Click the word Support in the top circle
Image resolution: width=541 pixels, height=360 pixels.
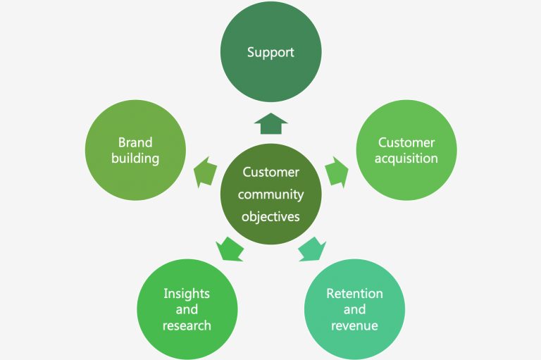pyautogui.click(x=270, y=53)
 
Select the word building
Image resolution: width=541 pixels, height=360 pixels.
pyautogui.click(x=135, y=158)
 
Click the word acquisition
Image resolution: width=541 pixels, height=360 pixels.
pyautogui.click(x=406, y=158)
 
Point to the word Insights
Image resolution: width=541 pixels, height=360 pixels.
pyautogui.click(x=187, y=293)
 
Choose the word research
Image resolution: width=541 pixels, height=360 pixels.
pyautogui.click(x=187, y=325)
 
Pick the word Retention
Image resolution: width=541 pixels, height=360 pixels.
pyautogui.click(x=354, y=293)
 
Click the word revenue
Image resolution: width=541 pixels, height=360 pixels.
pyautogui.click(x=354, y=325)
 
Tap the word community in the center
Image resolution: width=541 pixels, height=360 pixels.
pyautogui.click(x=270, y=194)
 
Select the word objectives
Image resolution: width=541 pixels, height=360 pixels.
pyautogui.click(x=270, y=216)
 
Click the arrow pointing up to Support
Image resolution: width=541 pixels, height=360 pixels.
pyautogui.click(x=270, y=125)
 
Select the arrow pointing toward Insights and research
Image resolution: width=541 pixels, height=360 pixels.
pyautogui.click(x=230, y=249)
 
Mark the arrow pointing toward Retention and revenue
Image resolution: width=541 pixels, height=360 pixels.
pyautogui.click(x=311, y=249)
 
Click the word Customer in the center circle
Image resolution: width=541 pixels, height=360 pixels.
pyautogui.click(x=270, y=172)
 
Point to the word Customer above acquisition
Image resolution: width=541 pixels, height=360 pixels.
pyautogui.click(x=406, y=142)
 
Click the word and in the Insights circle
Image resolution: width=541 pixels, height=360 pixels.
pyautogui.click(x=187, y=309)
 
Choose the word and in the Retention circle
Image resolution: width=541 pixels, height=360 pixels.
pyautogui.click(x=354, y=309)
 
